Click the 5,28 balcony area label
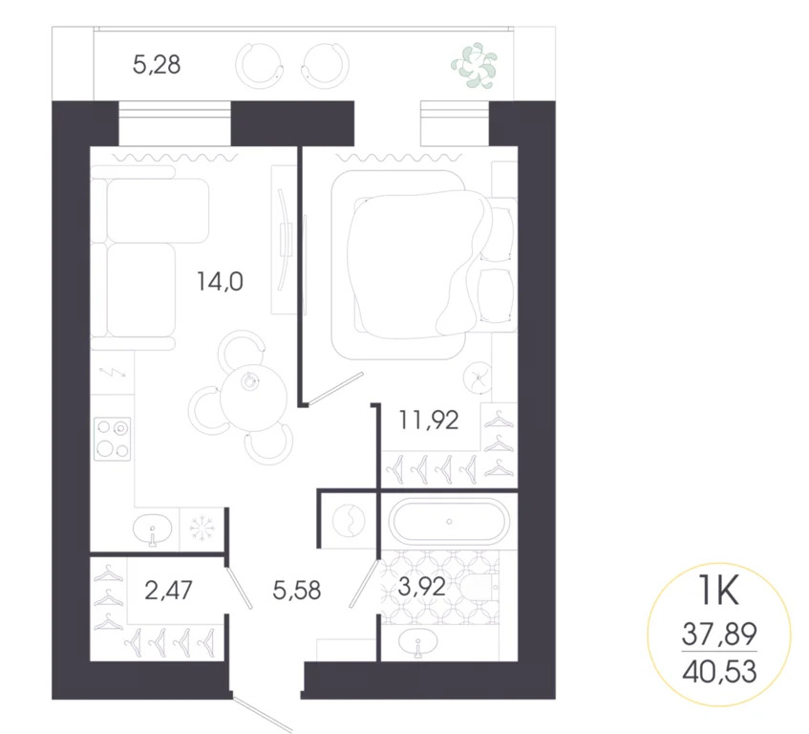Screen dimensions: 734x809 (x=157, y=66)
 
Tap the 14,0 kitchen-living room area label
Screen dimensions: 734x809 (x=222, y=281)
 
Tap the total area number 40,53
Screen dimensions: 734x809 (x=719, y=671)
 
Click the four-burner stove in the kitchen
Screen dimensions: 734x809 (x=113, y=439)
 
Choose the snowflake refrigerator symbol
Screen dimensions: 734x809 (x=202, y=528)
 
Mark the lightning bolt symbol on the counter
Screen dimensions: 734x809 (x=112, y=374)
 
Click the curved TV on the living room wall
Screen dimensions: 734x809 (x=285, y=239)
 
